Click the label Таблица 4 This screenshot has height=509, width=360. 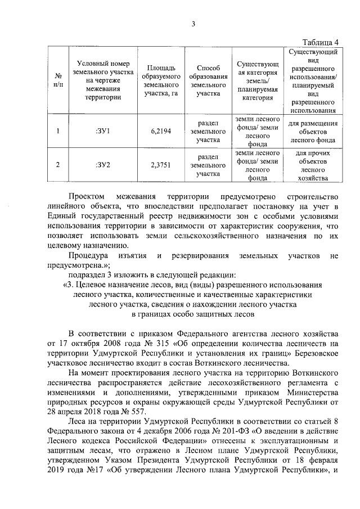tap(321, 42)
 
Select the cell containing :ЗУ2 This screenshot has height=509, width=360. tap(102, 165)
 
